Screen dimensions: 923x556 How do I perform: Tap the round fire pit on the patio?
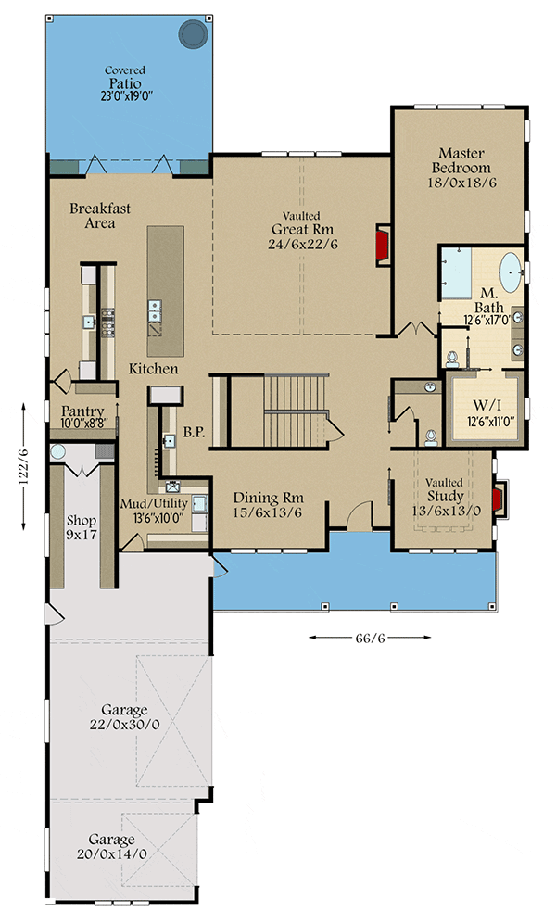[195, 34]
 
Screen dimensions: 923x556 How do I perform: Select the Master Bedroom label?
[463, 168]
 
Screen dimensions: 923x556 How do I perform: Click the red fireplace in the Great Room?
[381, 244]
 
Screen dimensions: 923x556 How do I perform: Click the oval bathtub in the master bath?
[511, 274]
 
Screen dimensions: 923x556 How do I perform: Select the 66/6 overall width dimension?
[371, 638]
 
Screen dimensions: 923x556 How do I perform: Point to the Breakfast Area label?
[99, 216]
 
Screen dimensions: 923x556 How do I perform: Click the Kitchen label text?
[153, 369]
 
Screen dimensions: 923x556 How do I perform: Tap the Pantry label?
[82, 411]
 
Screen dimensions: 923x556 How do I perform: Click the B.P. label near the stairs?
[194, 431]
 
